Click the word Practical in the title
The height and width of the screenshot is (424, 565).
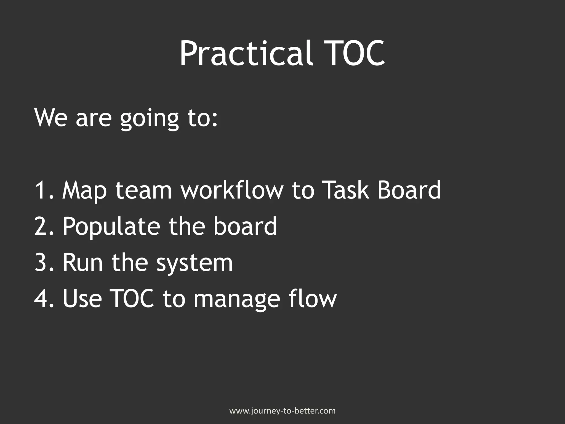pos(246,53)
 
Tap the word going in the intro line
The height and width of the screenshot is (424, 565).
pos(149,118)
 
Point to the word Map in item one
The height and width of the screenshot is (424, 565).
pos(84,190)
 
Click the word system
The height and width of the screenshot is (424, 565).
pos(194,263)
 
